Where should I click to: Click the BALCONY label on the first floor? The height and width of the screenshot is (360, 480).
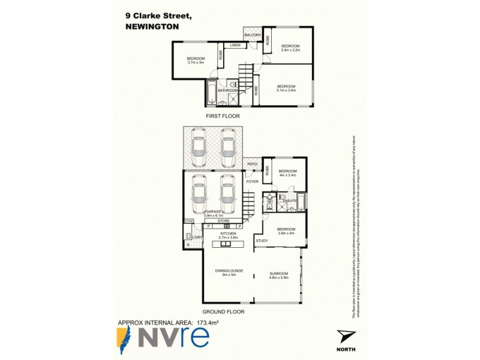[253, 35]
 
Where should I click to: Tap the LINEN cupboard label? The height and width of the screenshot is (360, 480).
[235, 46]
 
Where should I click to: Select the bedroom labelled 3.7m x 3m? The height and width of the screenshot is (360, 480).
[196, 60]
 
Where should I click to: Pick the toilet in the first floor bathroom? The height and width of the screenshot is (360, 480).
[235, 86]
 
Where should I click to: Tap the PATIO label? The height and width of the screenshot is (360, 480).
[253, 164]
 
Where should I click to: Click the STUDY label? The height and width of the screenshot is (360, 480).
[262, 241]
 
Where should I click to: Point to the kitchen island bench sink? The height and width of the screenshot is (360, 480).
[227, 244]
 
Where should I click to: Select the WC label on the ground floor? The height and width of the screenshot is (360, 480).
[270, 197]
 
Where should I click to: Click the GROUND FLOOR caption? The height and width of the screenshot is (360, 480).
[223, 312]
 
